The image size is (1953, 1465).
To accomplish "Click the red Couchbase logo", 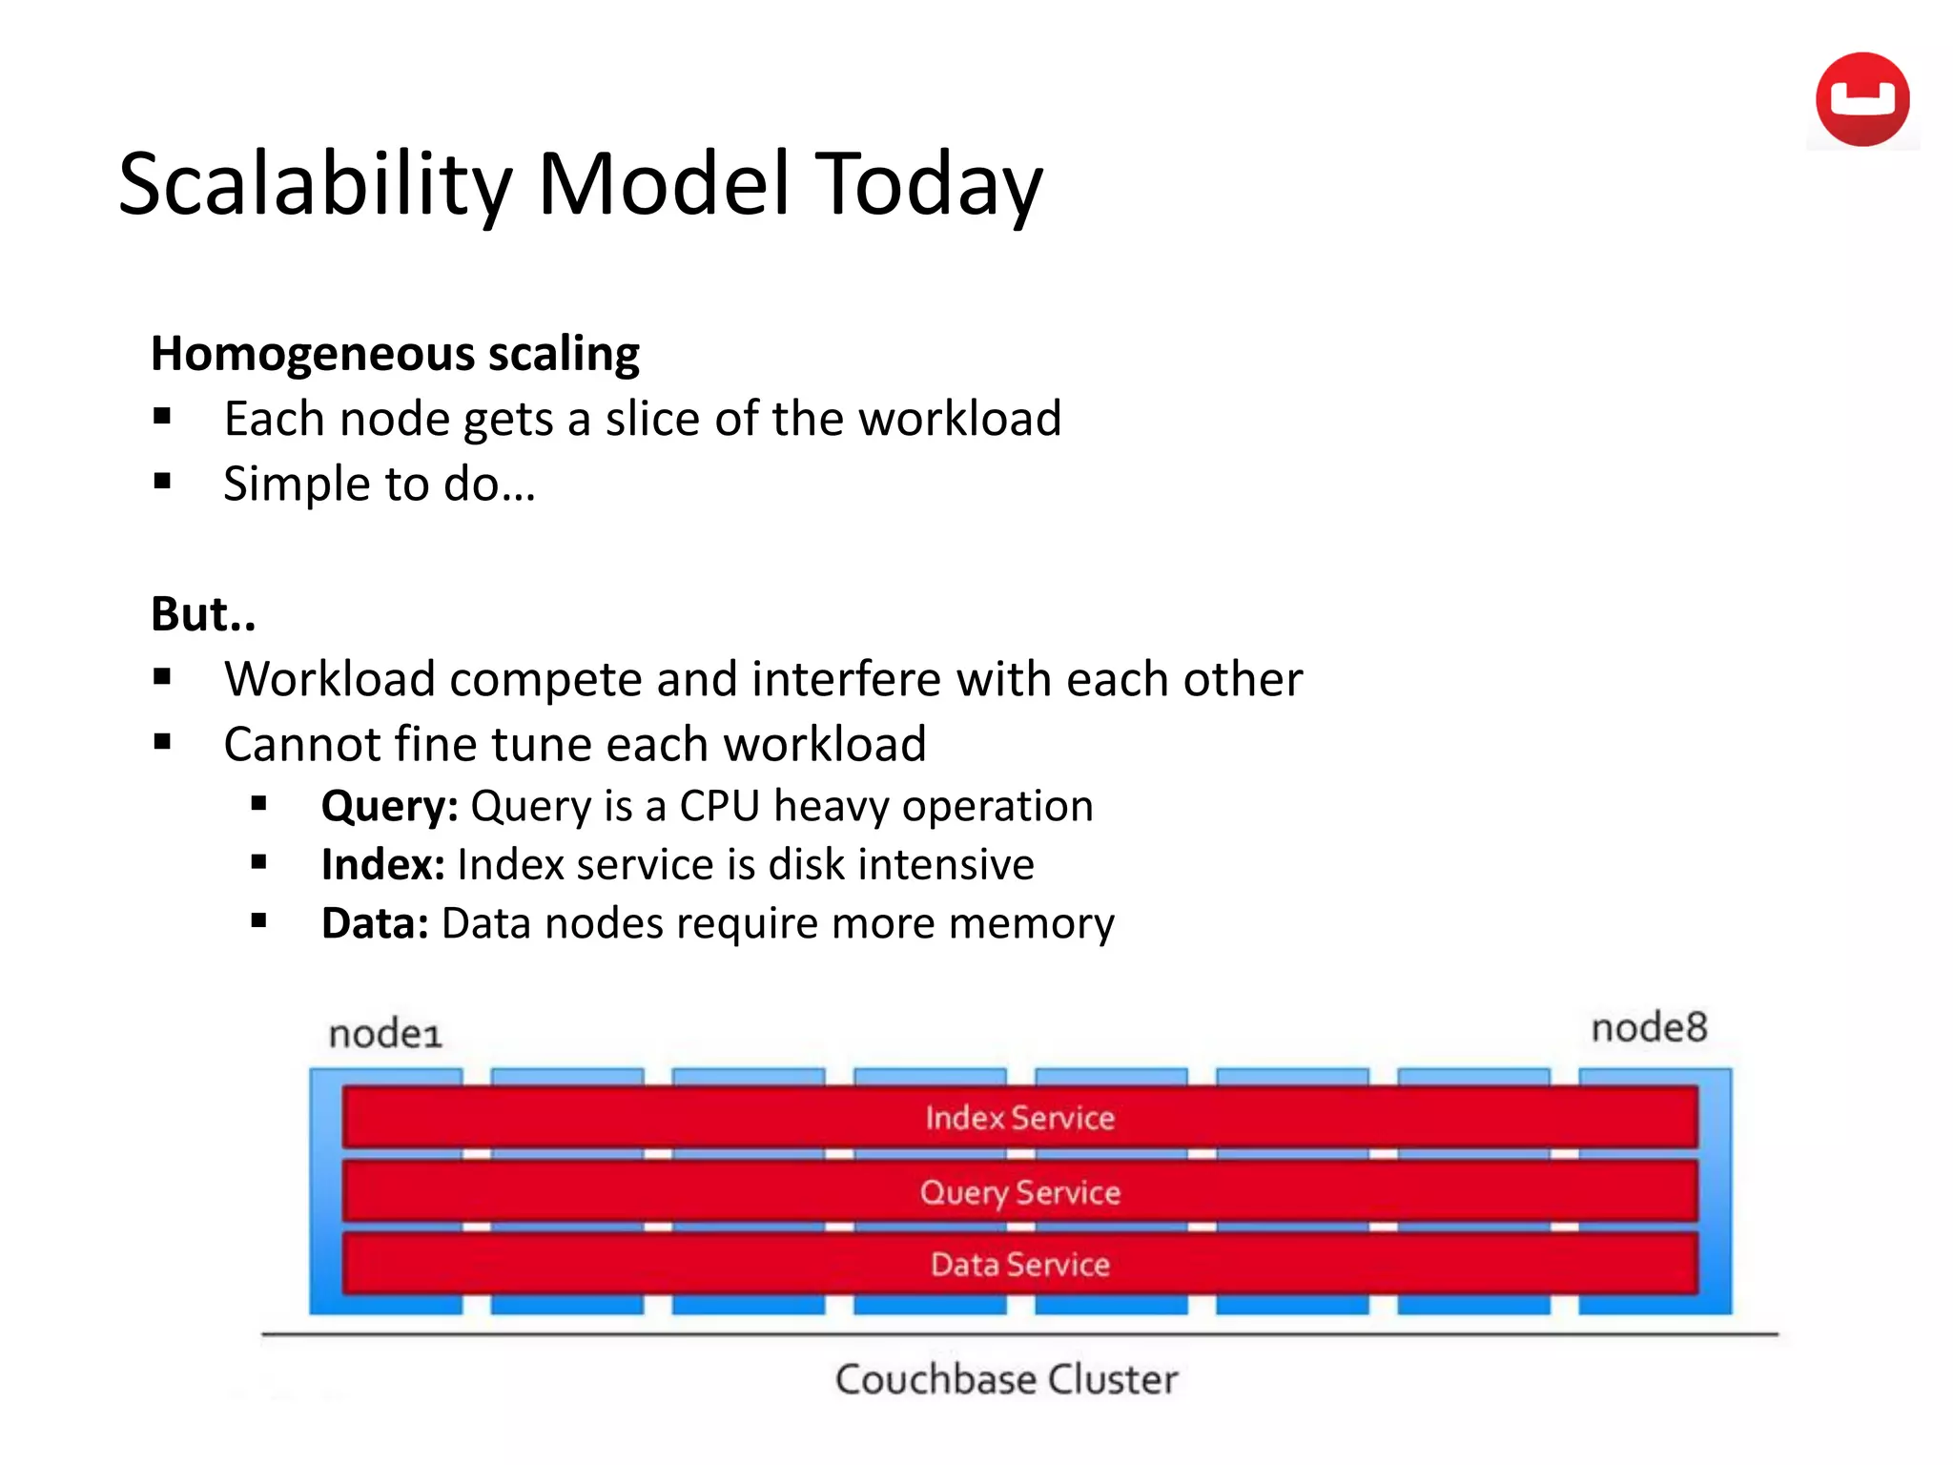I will tap(1861, 99).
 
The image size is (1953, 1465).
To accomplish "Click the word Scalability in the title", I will tap(316, 184).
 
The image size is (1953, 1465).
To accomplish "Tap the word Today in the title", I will tap(931, 184).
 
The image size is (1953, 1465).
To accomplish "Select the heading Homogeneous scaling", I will tap(395, 354).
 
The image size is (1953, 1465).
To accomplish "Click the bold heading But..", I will tap(203, 613).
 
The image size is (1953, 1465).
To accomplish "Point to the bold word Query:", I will tap(390, 806).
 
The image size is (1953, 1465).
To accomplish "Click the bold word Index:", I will tap(382, 865).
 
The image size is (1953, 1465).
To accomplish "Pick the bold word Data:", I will tap(375, 923).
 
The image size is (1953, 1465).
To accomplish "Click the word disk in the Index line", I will tap(807, 865).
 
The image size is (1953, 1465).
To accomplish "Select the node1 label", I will tap(385, 1034).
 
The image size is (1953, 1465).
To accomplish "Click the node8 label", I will tap(1649, 1028).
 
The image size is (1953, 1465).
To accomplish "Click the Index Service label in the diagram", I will tap(1019, 1117).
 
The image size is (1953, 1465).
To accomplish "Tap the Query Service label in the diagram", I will tap(1019, 1192).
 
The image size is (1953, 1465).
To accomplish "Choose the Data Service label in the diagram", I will tap(1019, 1265).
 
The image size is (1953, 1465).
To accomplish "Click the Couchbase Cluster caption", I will tap(1006, 1379).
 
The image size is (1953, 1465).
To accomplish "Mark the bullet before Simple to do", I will tap(162, 482).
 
